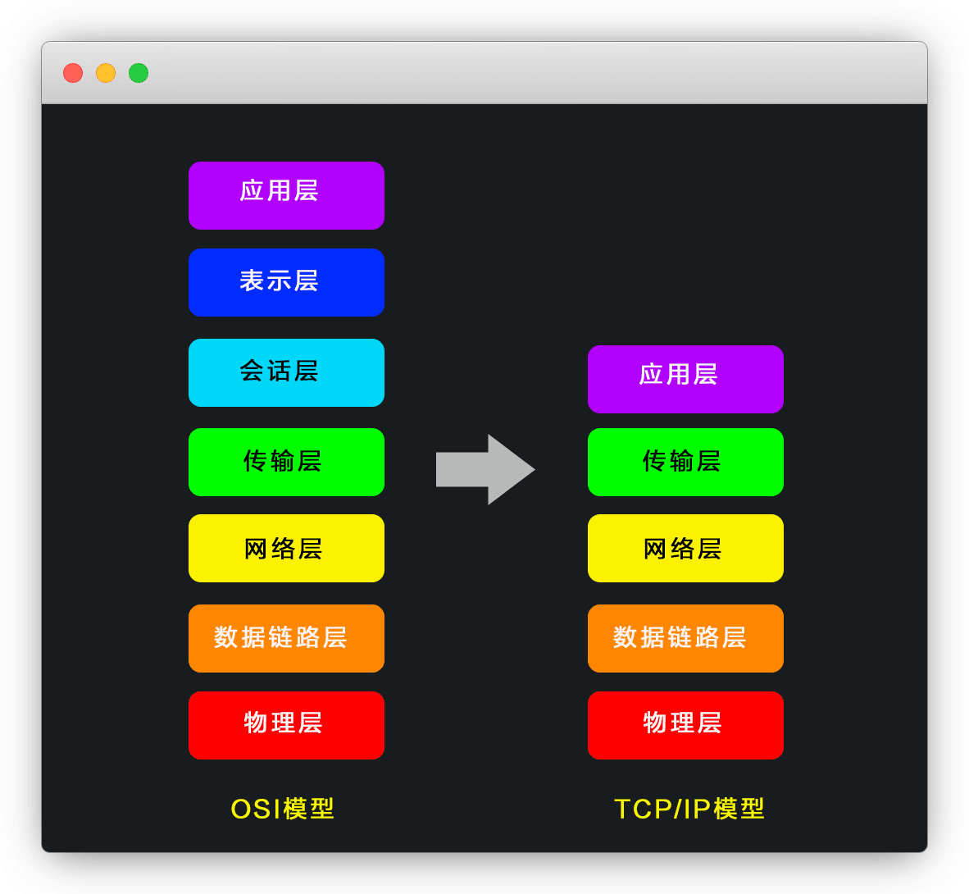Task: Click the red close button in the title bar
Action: pyautogui.click(x=73, y=73)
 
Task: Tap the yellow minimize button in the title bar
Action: pyautogui.click(x=106, y=73)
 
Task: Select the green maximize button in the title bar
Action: pyautogui.click(x=139, y=73)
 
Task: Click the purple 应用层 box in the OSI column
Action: pyautogui.click(x=286, y=195)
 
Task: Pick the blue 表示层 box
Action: pyautogui.click(x=286, y=282)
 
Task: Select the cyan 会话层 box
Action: pyautogui.click(x=286, y=372)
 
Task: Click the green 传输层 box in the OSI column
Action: pyautogui.click(x=286, y=462)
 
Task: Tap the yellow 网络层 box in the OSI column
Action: pyautogui.click(x=286, y=548)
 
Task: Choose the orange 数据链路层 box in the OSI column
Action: pyautogui.click(x=286, y=638)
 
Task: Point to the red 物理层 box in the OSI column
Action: pyautogui.click(x=286, y=725)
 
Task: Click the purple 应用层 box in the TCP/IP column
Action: pyautogui.click(x=685, y=379)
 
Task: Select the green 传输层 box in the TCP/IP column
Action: pyautogui.click(x=685, y=462)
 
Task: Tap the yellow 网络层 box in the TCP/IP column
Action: pyautogui.click(x=685, y=548)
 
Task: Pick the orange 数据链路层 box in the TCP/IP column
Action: pyautogui.click(x=685, y=638)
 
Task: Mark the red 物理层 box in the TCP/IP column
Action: pyautogui.click(x=685, y=725)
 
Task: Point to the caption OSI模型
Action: pyautogui.click(x=283, y=809)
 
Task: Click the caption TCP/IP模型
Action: pyautogui.click(x=689, y=809)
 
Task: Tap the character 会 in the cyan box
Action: pyautogui.click(x=252, y=371)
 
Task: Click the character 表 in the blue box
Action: pyautogui.click(x=252, y=281)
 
